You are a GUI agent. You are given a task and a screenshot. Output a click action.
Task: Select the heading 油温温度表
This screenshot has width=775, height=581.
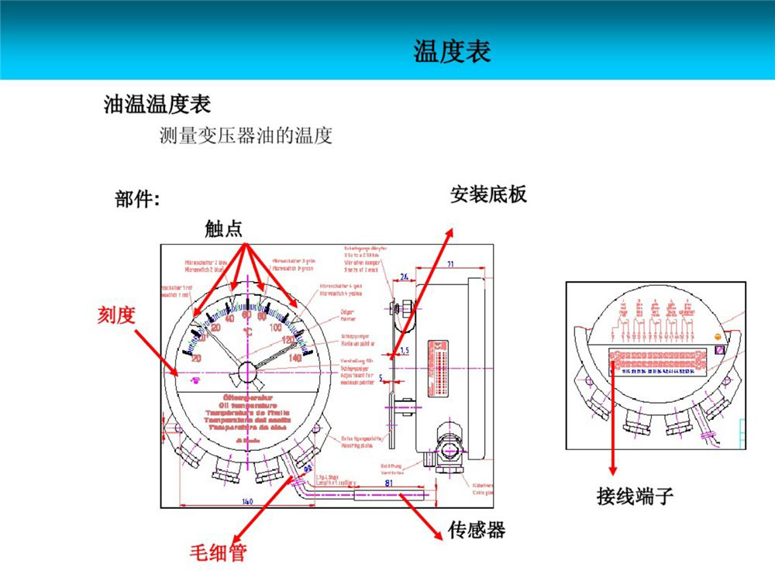pyautogui.click(x=157, y=105)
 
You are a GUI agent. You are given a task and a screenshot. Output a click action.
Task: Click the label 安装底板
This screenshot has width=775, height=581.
pyautogui.click(x=488, y=194)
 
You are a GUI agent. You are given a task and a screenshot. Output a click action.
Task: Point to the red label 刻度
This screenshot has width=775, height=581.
pyautogui.click(x=116, y=315)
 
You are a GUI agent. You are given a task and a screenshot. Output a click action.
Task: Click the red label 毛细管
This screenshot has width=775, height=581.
pyautogui.click(x=218, y=552)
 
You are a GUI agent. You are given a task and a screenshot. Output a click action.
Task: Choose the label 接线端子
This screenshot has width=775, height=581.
pyautogui.click(x=635, y=496)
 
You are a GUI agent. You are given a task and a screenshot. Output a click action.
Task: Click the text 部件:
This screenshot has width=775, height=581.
pyautogui.click(x=137, y=199)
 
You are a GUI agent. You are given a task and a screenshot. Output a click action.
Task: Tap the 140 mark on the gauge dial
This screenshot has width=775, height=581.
pyautogui.click(x=294, y=357)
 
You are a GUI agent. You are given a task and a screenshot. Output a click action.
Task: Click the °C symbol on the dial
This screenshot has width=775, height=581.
pyautogui.click(x=247, y=331)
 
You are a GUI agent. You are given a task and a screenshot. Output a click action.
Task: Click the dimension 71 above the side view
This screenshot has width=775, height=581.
pyautogui.click(x=451, y=264)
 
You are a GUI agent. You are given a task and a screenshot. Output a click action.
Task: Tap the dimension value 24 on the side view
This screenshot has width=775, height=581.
pyautogui.click(x=404, y=277)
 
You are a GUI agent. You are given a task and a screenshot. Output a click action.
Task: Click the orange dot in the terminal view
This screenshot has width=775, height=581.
pyautogui.click(x=718, y=336)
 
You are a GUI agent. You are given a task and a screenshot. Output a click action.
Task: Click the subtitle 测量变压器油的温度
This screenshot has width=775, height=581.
pyautogui.click(x=246, y=136)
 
